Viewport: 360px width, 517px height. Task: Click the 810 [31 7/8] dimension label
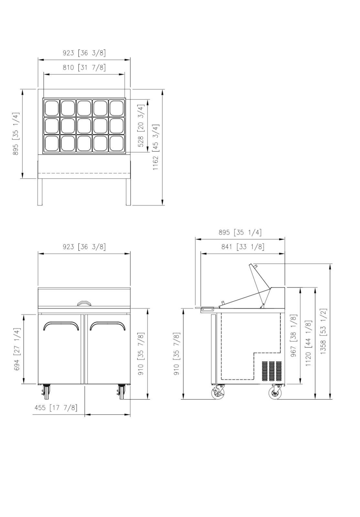tap(84, 67)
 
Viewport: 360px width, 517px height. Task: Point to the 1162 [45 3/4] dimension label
tap(156, 148)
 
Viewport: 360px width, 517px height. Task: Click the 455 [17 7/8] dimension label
tap(56, 408)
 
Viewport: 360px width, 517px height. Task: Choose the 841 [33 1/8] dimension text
tap(243, 247)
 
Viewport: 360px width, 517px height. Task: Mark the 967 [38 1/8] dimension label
tap(293, 336)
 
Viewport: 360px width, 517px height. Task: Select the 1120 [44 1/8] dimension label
tap(309, 343)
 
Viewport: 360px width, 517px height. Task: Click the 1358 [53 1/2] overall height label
tap(323, 331)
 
